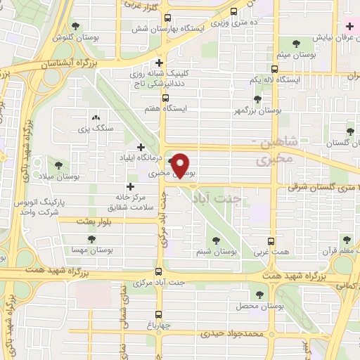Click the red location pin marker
click(x=182, y=165)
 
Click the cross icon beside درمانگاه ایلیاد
click(x=141, y=148)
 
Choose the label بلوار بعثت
click(x=75, y=221)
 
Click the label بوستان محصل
click(x=262, y=307)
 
